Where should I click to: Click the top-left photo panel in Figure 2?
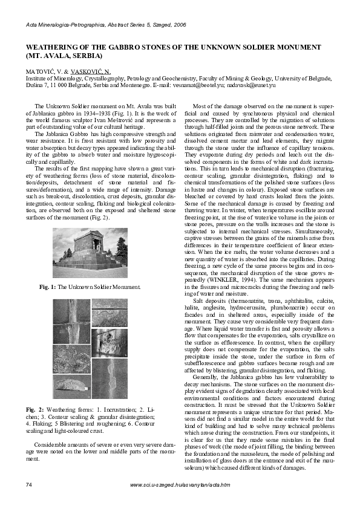point(71,320)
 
